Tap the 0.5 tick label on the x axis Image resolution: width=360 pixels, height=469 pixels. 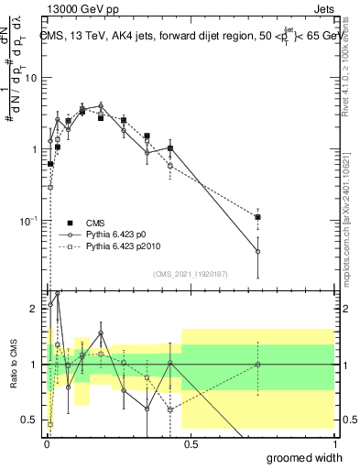[x=191, y=443]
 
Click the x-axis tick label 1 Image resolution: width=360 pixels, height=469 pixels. [x=334, y=443]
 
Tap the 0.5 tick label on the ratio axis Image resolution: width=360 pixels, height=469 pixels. [x=30, y=420]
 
